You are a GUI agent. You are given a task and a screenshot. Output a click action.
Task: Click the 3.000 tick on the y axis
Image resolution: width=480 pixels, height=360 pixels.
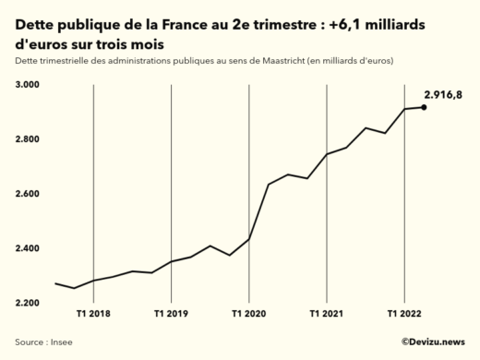point(28,85)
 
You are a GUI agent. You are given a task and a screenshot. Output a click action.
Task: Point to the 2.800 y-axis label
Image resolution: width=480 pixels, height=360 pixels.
point(28,139)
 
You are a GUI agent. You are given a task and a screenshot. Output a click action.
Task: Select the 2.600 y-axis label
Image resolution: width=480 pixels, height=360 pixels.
point(28,194)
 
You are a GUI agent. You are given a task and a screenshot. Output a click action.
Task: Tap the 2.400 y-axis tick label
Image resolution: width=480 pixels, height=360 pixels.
point(28,248)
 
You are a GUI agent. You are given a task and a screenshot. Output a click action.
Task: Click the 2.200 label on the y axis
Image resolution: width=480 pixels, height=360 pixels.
point(28,303)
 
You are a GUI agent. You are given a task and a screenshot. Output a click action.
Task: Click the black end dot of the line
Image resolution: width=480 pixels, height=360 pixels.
point(424,107)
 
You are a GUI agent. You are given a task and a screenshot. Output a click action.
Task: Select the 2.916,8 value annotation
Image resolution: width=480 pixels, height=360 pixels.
point(444,94)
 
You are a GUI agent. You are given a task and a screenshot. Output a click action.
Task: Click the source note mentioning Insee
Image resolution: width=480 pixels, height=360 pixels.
point(44,342)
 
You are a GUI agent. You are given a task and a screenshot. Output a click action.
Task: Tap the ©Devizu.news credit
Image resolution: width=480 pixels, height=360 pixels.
point(433,342)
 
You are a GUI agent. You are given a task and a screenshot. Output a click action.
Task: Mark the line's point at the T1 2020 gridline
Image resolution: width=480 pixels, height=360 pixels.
point(249,239)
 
